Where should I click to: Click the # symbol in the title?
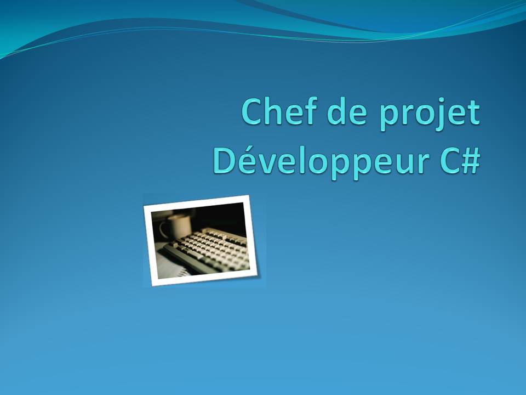click(x=471, y=160)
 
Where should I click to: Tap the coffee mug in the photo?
click(x=178, y=225)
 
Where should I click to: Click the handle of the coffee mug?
click(x=163, y=229)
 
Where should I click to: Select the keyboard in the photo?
click(x=211, y=250)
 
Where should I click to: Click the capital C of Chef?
click(x=253, y=112)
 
